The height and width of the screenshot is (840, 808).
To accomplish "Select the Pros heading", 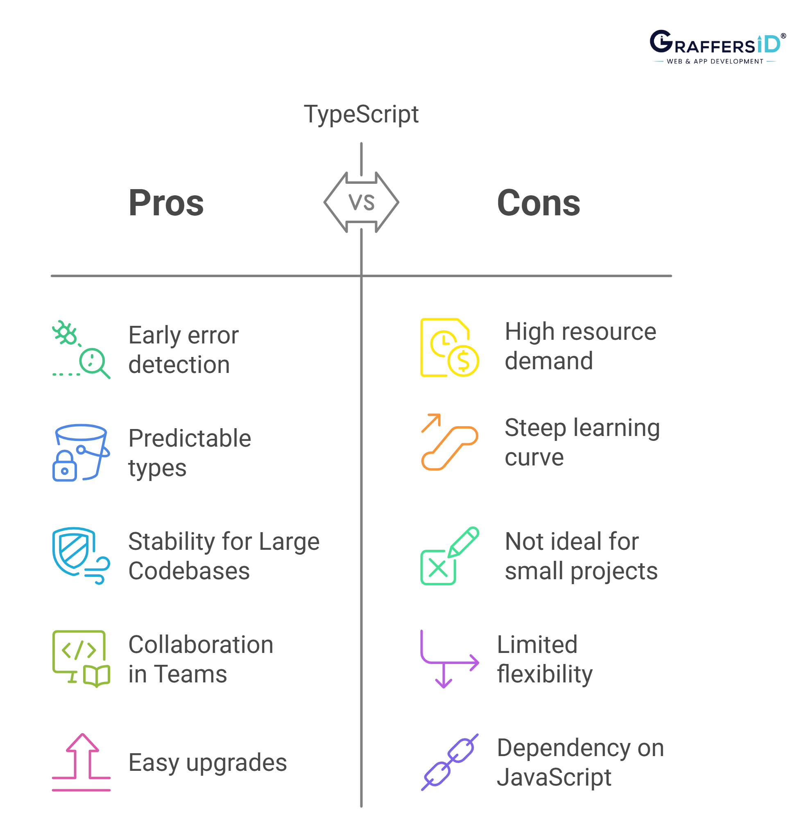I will [x=166, y=203].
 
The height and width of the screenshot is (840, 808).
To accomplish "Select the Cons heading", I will [x=538, y=203].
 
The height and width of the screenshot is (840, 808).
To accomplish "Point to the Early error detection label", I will [x=182, y=350].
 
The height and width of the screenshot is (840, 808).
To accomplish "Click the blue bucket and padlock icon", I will [x=81, y=454].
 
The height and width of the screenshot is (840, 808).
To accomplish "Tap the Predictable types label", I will [x=190, y=454].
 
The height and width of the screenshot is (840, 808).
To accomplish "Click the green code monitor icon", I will [x=81, y=659].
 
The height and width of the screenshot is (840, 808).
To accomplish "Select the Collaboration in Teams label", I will [x=201, y=660].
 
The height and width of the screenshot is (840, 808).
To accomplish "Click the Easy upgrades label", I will [x=208, y=763].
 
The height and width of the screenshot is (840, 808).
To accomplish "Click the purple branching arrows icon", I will [x=449, y=659].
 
